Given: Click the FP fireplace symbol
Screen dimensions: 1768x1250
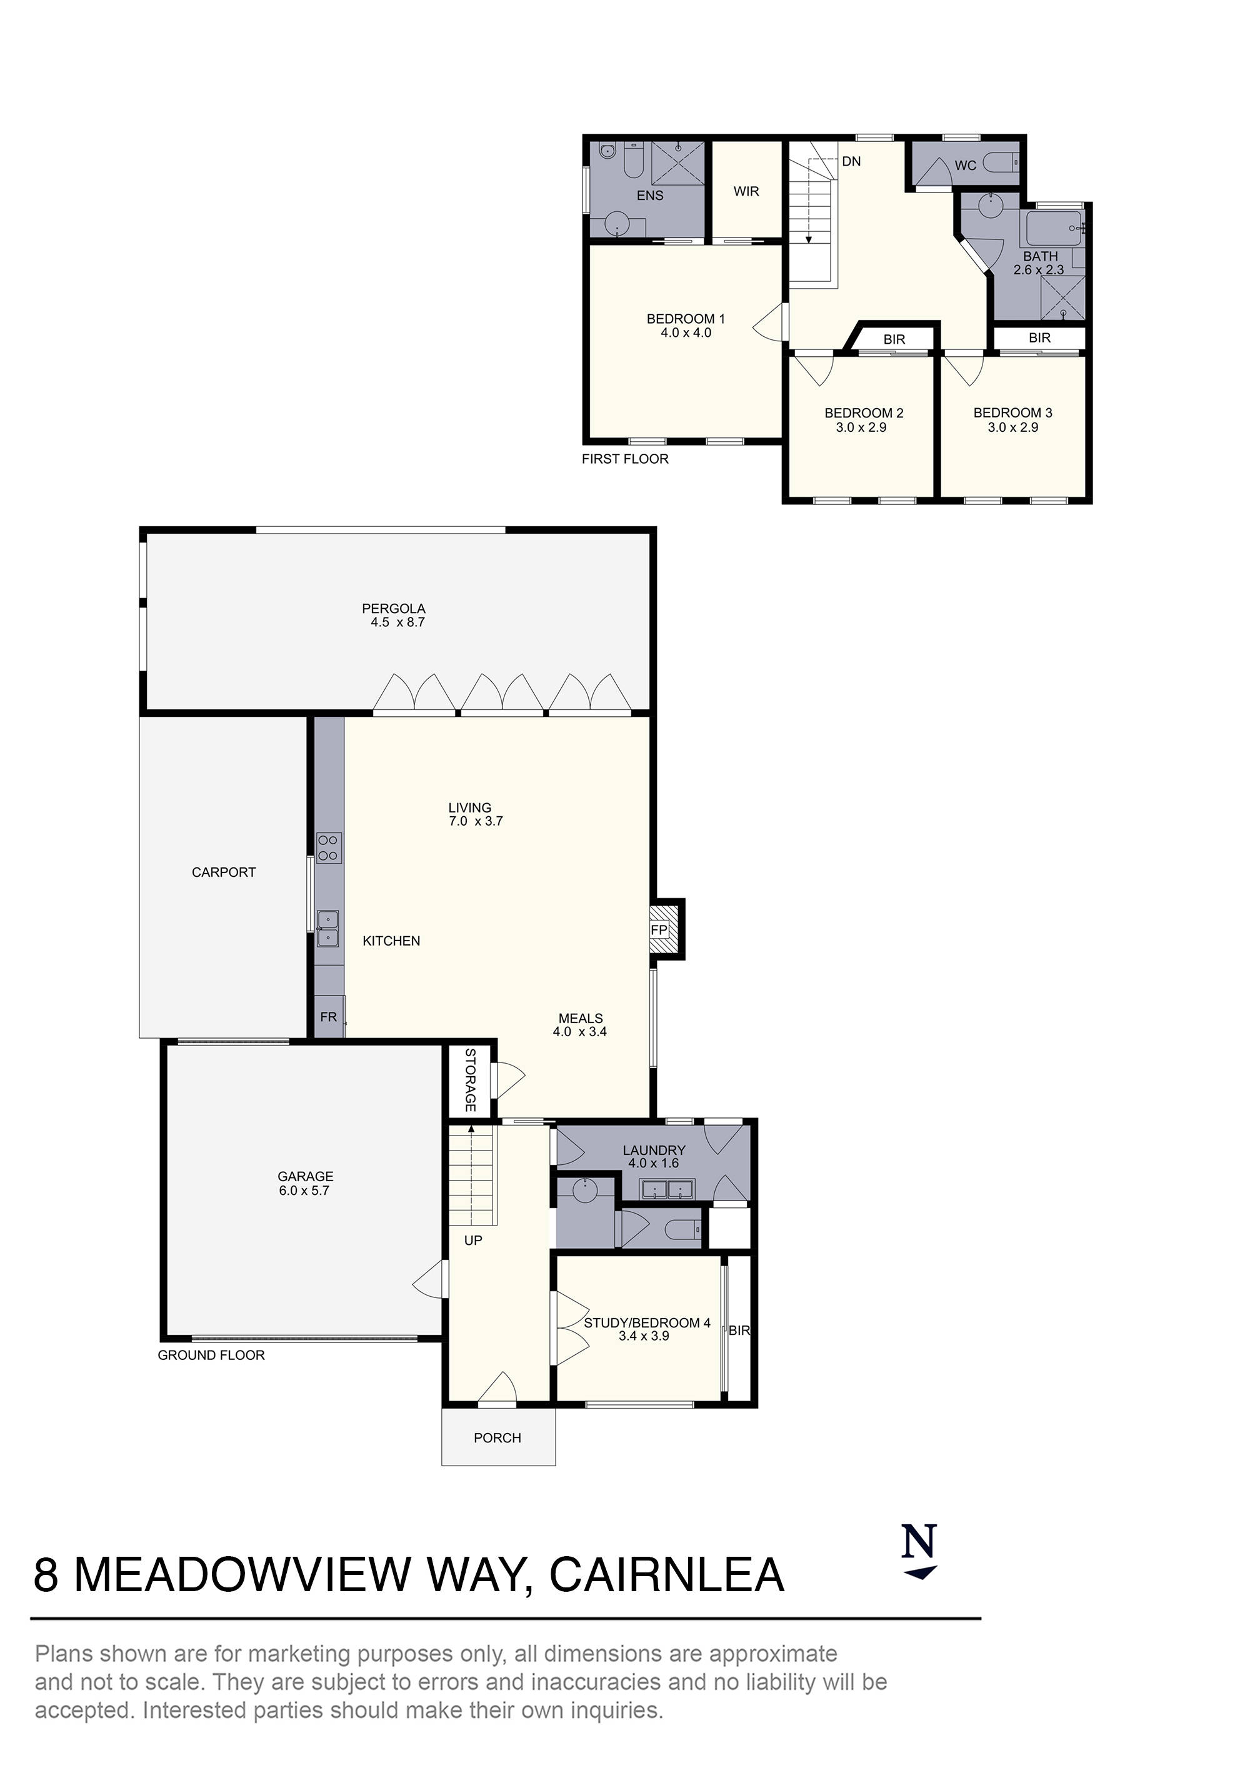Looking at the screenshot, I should pyautogui.click(x=659, y=929).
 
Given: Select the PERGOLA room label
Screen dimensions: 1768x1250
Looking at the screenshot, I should pyautogui.click(x=394, y=608).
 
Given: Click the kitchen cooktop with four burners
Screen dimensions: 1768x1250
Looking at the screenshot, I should pyautogui.click(x=328, y=848).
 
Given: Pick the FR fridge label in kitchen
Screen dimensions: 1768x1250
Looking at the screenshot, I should pyautogui.click(x=328, y=1016).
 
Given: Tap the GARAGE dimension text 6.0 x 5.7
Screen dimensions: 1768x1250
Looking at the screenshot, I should pyautogui.click(x=305, y=1191).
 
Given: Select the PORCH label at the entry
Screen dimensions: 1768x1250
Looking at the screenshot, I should pyautogui.click(x=497, y=1437).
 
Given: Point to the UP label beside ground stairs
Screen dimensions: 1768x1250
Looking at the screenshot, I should pyautogui.click(x=473, y=1241).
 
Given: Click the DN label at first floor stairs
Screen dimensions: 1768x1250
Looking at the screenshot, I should pyautogui.click(x=851, y=162).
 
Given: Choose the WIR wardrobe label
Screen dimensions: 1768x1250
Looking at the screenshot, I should pyautogui.click(x=746, y=191).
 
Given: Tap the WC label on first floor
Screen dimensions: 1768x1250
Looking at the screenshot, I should pyautogui.click(x=965, y=166).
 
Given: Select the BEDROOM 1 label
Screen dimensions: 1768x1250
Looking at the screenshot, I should pyautogui.click(x=686, y=319).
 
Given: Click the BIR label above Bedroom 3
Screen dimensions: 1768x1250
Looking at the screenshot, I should pyautogui.click(x=1039, y=337).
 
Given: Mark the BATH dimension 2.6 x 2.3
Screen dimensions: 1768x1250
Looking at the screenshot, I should pyautogui.click(x=1038, y=270).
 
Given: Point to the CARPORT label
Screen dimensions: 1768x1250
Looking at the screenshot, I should pyautogui.click(x=223, y=872).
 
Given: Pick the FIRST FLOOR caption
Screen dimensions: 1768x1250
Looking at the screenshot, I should pyautogui.click(x=624, y=459).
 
